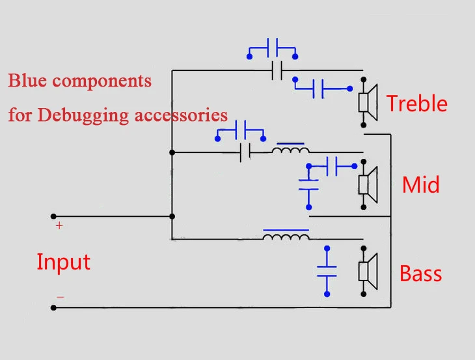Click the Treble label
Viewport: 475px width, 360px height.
pos(417,104)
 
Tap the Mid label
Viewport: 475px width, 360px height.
pos(421,184)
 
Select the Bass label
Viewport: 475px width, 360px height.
pos(421,273)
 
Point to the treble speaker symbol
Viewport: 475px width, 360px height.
pos(368,102)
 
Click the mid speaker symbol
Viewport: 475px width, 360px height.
pos(368,184)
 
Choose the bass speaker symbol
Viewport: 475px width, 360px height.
pos(368,271)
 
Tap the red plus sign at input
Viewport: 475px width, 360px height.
pos(59,226)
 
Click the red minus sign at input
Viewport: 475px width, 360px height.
pos(61,297)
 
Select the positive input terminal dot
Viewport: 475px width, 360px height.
pos(53,216)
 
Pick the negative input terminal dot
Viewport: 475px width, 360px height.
pos(53,308)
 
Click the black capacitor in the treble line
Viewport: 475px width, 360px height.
pos(277,70)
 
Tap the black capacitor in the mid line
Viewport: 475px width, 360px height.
pos(245,152)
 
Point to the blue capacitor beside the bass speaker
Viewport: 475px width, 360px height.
pos(327,271)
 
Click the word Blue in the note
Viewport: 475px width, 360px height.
pos(27,81)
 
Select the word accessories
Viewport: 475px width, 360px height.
pos(181,116)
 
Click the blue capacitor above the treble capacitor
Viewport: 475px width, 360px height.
pos(273,48)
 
